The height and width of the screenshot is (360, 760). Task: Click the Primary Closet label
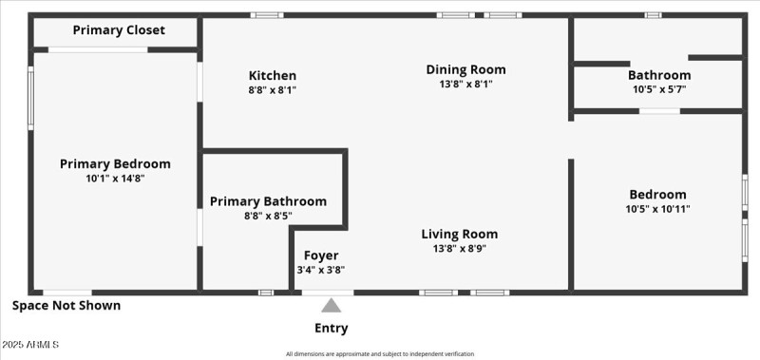point(119,30)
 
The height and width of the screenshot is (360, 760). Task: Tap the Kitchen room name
point(273,76)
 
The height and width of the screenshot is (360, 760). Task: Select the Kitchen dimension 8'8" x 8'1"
point(273,90)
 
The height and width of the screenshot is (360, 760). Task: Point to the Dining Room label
point(465,69)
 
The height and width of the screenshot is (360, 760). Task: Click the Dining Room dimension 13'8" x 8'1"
point(465,84)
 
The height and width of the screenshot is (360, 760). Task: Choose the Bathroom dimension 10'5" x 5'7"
point(659,89)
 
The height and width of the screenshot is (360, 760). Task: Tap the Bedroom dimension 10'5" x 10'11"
point(657,209)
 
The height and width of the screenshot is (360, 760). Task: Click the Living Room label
point(460,235)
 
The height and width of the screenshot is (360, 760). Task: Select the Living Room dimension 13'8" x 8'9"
point(460,249)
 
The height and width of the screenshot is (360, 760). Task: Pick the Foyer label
point(321,256)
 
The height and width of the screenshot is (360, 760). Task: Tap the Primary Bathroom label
point(268,201)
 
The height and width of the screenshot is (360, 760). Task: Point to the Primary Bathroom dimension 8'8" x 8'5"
point(268,216)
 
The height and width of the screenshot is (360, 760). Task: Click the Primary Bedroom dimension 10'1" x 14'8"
point(115,178)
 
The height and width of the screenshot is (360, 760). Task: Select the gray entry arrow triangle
point(331,306)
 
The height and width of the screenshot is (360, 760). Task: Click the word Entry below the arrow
point(331,329)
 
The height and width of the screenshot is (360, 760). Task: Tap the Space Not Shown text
point(66,306)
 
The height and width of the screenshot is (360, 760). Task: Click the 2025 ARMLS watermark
point(30,344)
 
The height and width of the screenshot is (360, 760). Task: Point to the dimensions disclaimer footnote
point(380,354)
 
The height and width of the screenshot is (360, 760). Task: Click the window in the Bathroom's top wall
point(653,15)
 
